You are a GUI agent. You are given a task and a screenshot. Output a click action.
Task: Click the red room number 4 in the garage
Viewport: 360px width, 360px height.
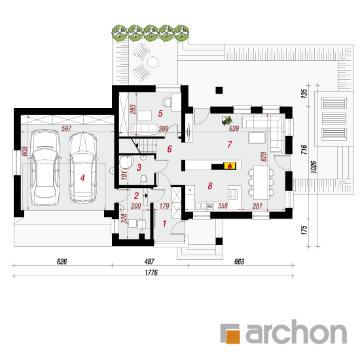(82, 177)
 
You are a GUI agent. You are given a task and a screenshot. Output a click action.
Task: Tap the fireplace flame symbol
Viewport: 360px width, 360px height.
(230, 166)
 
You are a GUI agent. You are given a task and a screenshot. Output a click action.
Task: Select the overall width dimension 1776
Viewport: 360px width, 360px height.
(151, 272)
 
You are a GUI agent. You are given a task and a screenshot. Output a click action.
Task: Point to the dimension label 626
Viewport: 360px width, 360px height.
(62, 262)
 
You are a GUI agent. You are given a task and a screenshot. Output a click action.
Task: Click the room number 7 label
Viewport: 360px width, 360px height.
(230, 145)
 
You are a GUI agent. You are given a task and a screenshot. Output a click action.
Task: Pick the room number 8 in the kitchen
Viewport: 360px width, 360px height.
(210, 186)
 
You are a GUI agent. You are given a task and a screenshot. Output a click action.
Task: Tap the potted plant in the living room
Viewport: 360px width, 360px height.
(227, 120)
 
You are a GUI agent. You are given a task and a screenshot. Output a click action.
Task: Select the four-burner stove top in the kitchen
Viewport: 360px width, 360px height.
(233, 194)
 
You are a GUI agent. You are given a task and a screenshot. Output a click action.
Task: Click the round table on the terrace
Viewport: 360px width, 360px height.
(153, 62)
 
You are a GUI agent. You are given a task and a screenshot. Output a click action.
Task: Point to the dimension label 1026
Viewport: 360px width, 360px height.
(314, 167)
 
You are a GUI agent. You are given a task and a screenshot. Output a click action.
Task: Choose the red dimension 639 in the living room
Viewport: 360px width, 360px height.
(234, 128)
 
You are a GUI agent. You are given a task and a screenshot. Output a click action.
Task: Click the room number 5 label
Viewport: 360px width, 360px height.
(160, 113)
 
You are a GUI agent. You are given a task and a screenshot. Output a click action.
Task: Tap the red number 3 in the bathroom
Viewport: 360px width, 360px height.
(139, 168)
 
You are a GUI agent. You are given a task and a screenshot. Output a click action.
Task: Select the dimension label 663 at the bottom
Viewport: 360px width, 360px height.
(239, 262)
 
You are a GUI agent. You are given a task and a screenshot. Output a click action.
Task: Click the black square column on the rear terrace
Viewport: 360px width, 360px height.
(219, 90)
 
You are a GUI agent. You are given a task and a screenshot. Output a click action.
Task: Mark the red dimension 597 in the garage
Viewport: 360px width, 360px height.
(66, 128)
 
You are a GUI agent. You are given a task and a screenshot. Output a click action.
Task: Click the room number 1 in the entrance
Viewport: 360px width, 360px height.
(164, 223)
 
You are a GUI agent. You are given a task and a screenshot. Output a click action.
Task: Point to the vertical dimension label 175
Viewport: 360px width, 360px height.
(304, 230)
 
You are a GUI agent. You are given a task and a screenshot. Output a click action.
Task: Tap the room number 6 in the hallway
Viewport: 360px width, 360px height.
(170, 149)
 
